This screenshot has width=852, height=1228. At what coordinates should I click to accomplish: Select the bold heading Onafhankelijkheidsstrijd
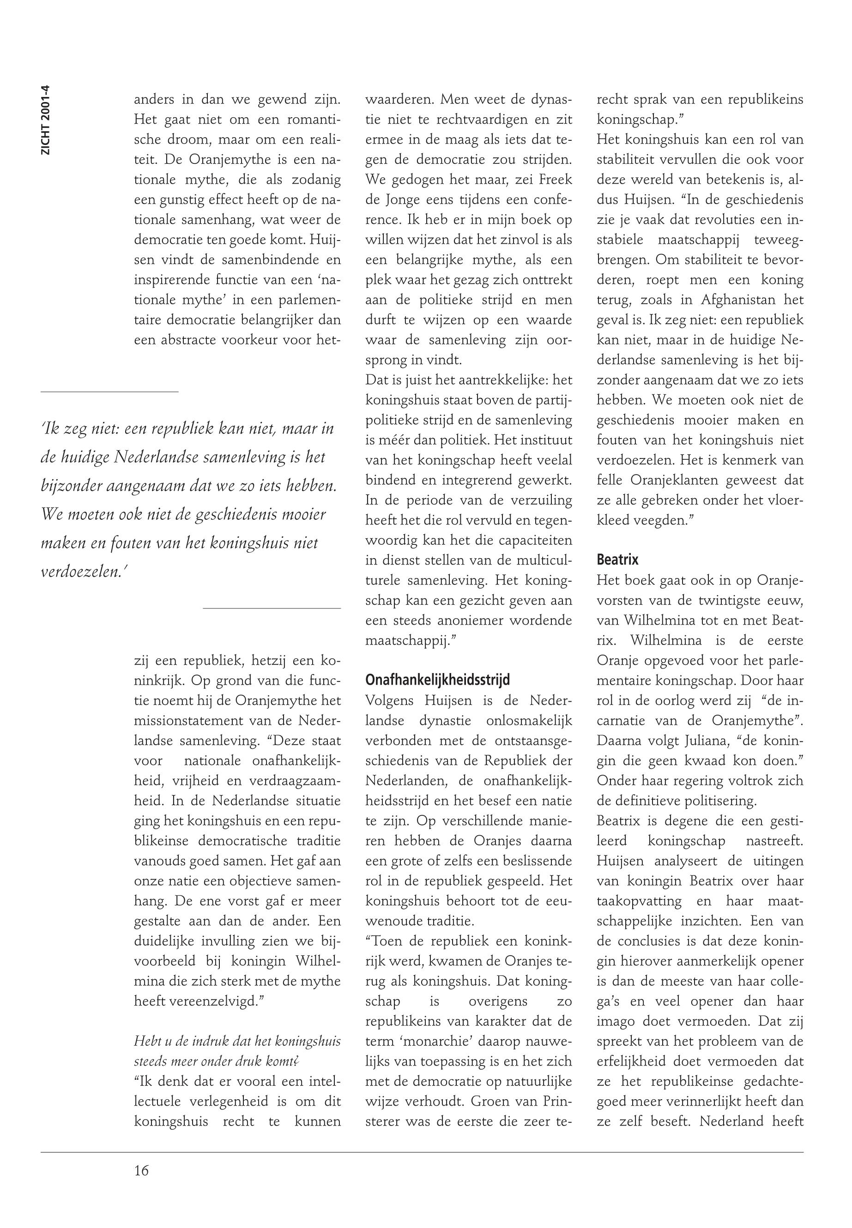tap(437, 680)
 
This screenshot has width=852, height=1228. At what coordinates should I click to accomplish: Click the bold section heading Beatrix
tap(618, 560)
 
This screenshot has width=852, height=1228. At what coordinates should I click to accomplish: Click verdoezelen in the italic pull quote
tap(79, 572)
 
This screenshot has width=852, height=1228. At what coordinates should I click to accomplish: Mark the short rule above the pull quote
tap(109, 392)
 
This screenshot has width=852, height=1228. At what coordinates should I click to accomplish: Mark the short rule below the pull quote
tap(272, 608)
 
